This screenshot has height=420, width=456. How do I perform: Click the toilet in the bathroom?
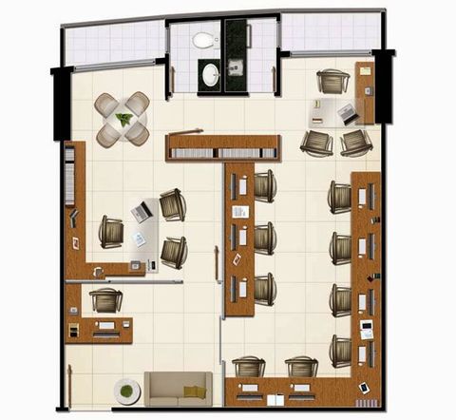[x=202, y=41]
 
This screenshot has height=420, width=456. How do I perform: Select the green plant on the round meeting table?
[x=123, y=119]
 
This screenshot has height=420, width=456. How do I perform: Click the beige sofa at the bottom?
[x=179, y=389]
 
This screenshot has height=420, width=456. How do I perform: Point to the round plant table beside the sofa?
[x=125, y=391]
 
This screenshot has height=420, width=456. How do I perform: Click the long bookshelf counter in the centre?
[x=223, y=147]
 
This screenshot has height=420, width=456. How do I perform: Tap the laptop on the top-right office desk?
[x=346, y=113]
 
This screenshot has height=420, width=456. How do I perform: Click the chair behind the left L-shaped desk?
[x=111, y=232]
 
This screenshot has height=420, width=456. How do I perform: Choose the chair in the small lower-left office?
[x=105, y=300]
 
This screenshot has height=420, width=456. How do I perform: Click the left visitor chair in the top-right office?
[x=316, y=143]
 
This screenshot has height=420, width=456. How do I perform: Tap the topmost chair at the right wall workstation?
[x=341, y=197]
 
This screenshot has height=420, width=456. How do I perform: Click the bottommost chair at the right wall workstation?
[x=341, y=350]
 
